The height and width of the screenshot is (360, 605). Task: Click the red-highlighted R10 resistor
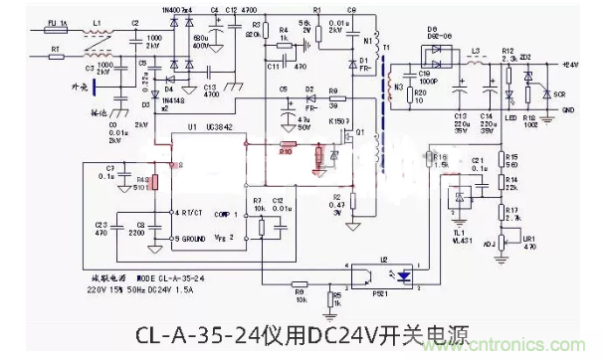[286, 152]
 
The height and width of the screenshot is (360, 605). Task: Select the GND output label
[570, 109]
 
